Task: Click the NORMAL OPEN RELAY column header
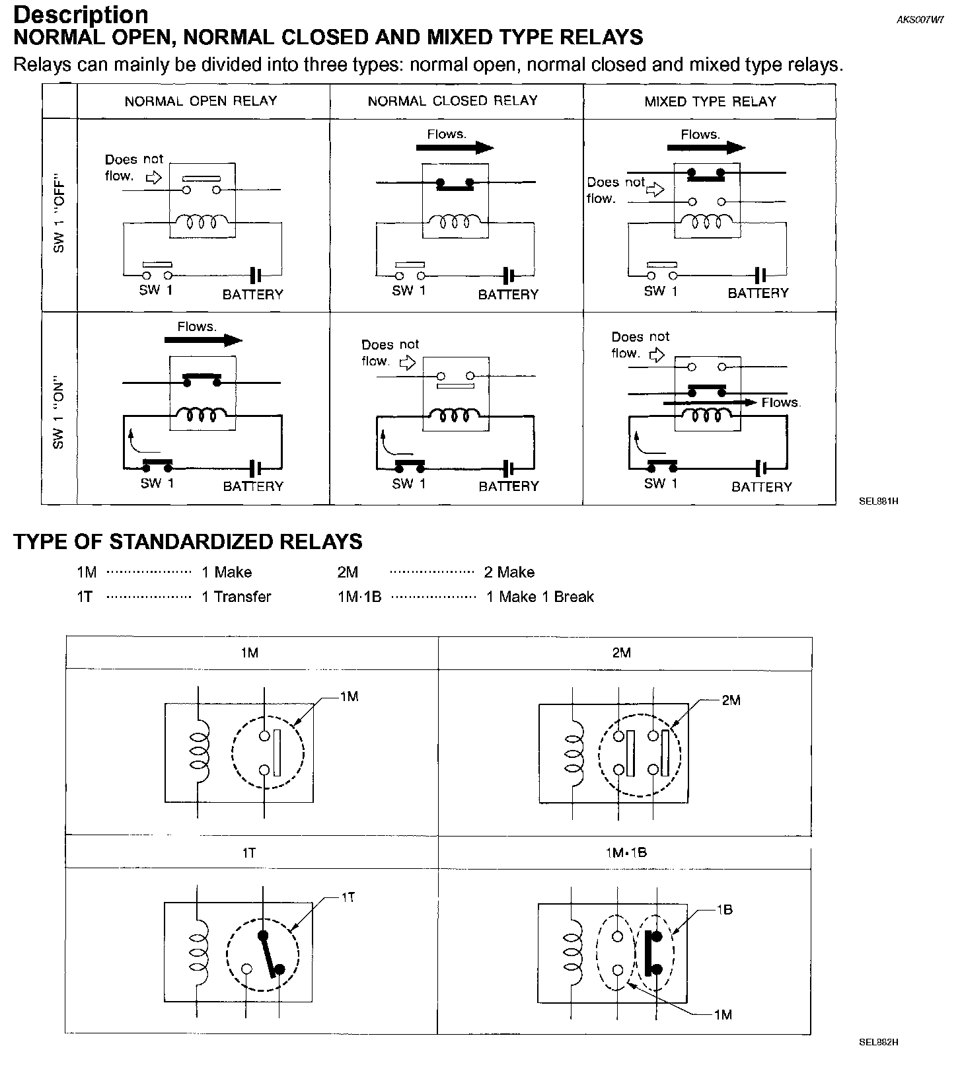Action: (x=201, y=101)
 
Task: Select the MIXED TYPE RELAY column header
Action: (x=710, y=102)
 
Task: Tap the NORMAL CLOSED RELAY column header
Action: (x=453, y=101)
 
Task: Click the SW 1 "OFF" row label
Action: (x=59, y=215)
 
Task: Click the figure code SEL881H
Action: (x=878, y=501)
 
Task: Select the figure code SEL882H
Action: (x=878, y=1043)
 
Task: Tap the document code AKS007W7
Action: (x=920, y=20)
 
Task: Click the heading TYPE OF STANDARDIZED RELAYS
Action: (x=188, y=542)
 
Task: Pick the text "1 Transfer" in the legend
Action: (x=237, y=597)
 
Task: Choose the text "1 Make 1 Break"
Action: (x=540, y=597)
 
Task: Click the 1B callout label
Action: (x=724, y=909)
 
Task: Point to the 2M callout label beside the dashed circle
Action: (x=731, y=700)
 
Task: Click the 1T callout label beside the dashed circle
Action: (x=348, y=897)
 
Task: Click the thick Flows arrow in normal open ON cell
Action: (x=203, y=340)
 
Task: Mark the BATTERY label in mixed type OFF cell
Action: (x=758, y=293)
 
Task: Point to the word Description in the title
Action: (x=81, y=15)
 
